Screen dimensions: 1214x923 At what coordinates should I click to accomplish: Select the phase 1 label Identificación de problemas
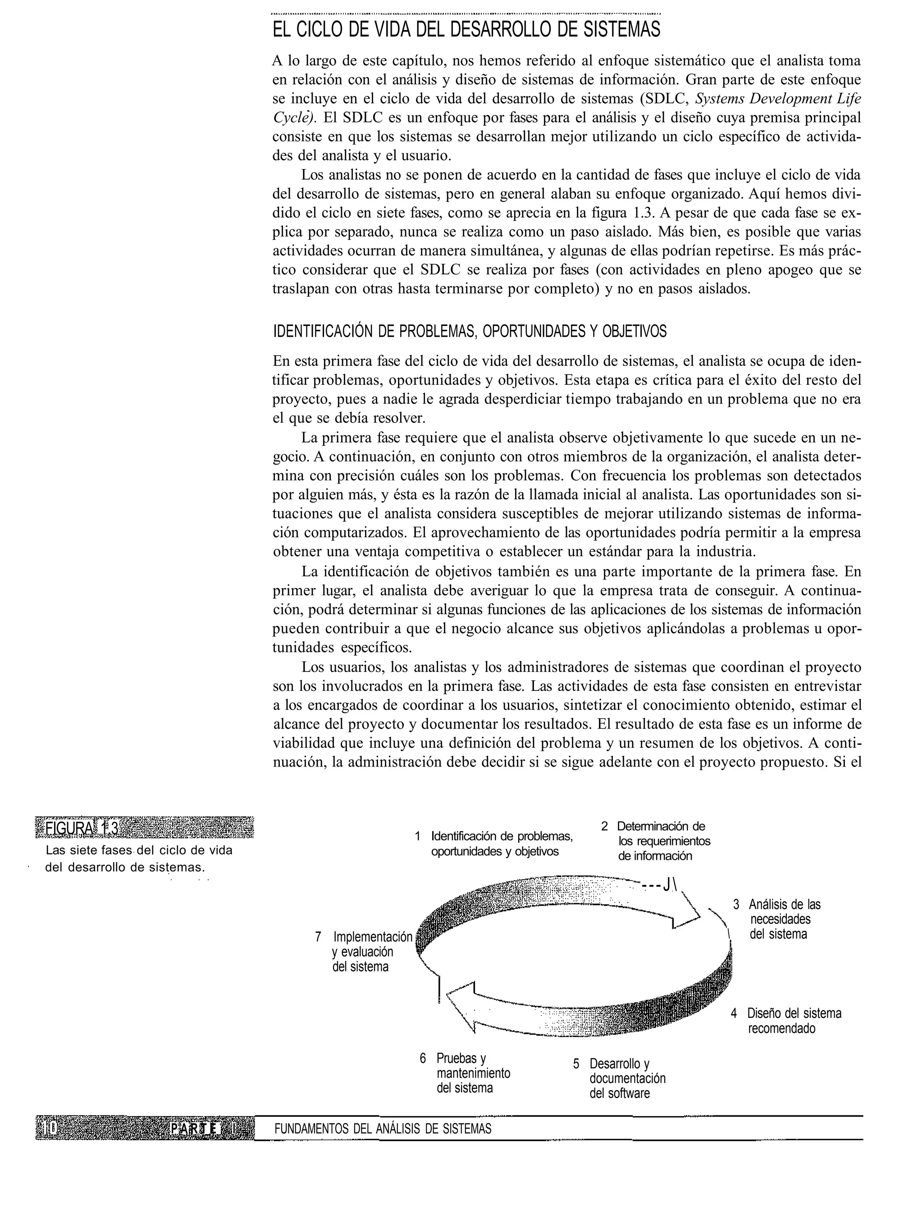(x=502, y=844)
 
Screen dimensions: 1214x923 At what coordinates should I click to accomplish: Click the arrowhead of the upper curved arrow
(x=689, y=916)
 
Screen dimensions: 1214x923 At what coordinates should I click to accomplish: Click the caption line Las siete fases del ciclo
(x=139, y=850)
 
